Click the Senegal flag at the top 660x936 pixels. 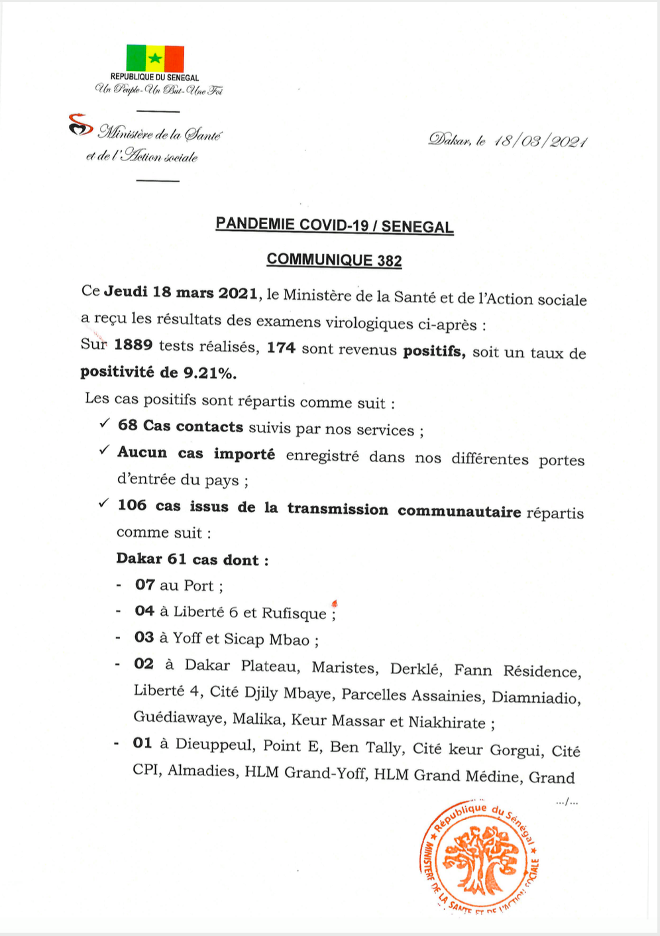(x=155, y=58)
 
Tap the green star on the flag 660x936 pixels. (x=155, y=58)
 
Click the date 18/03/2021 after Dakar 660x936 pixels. (x=540, y=141)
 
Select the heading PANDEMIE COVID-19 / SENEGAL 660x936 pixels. (x=335, y=225)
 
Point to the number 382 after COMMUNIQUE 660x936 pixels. (x=390, y=261)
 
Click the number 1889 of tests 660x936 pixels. (x=133, y=345)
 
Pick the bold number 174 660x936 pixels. (x=281, y=347)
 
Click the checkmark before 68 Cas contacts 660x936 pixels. (x=104, y=423)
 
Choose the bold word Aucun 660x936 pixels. (x=142, y=452)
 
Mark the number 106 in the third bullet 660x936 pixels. (x=132, y=505)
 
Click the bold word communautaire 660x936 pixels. (x=459, y=511)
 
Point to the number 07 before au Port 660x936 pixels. (x=144, y=585)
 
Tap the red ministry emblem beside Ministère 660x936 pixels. (x=80, y=125)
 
